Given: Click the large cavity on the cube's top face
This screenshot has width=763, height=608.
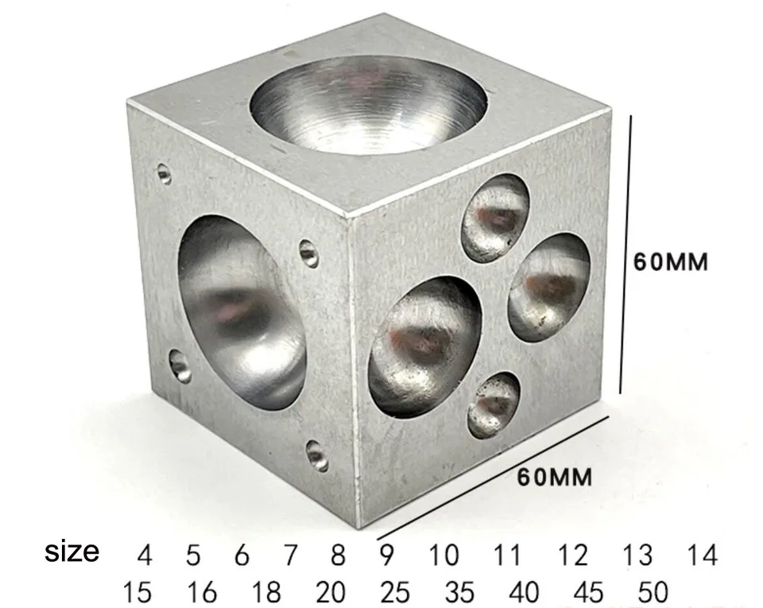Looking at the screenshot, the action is pyautogui.click(x=368, y=105).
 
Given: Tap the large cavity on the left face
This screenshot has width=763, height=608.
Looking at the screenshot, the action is pyautogui.click(x=242, y=312).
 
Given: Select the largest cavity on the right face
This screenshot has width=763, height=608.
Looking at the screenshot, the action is pyautogui.click(x=426, y=347).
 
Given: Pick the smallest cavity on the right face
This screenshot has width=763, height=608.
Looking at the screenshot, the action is pyautogui.click(x=494, y=405).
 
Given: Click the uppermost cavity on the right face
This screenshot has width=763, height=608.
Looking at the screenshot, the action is pyautogui.click(x=495, y=218).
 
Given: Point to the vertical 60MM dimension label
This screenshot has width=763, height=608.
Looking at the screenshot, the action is pyautogui.click(x=670, y=262).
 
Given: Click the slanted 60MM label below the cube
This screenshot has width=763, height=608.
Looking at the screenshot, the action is pyautogui.click(x=554, y=477).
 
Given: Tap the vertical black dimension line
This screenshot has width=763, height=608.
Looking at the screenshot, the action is pyautogui.click(x=626, y=254).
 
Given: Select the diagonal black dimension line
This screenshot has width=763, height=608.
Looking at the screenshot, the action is pyautogui.click(x=493, y=478).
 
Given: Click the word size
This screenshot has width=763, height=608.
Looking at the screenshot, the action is pyautogui.click(x=72, y=552).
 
